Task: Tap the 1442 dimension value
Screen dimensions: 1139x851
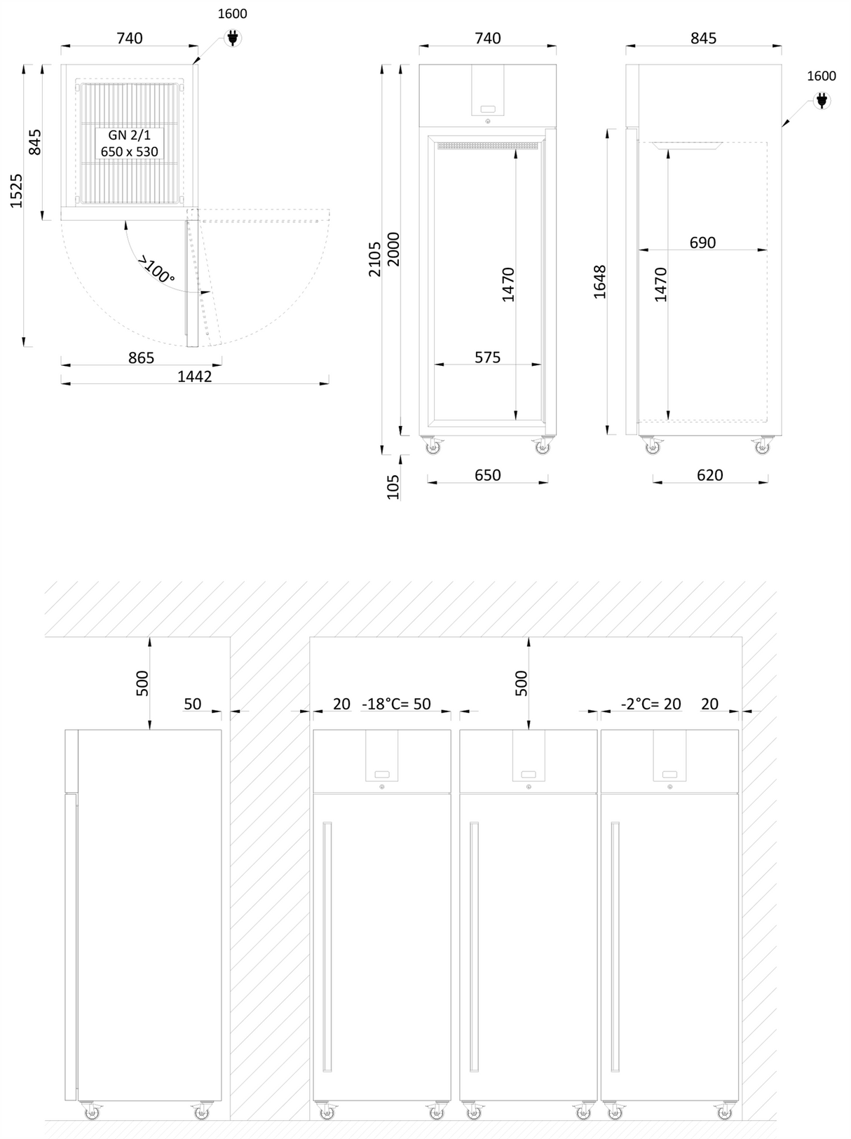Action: coord(194,376)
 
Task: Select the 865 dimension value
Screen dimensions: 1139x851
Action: coord(141,357)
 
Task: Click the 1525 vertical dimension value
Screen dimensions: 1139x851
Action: coord(16,191)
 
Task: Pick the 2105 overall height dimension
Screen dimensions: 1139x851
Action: coord(375,259)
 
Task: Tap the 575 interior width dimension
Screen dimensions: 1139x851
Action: coord(487,357)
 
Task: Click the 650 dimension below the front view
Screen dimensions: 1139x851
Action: coord(487,475)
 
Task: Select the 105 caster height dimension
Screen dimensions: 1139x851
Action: coord(393,486)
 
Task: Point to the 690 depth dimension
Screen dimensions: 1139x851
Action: coord(702,243)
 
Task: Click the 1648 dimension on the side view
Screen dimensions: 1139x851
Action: coord(600,282)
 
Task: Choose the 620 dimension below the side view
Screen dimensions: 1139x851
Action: coord(709,475)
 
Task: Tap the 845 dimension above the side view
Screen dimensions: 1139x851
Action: coord(703,38)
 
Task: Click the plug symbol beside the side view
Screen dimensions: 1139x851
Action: coord(822,101)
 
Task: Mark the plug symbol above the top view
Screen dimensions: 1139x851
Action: coord(233,38)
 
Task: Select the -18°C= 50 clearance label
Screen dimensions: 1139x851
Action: coord(396,704)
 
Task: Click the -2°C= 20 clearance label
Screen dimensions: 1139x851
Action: coord(651,704)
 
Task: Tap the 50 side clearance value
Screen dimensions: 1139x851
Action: coord(192,704)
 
